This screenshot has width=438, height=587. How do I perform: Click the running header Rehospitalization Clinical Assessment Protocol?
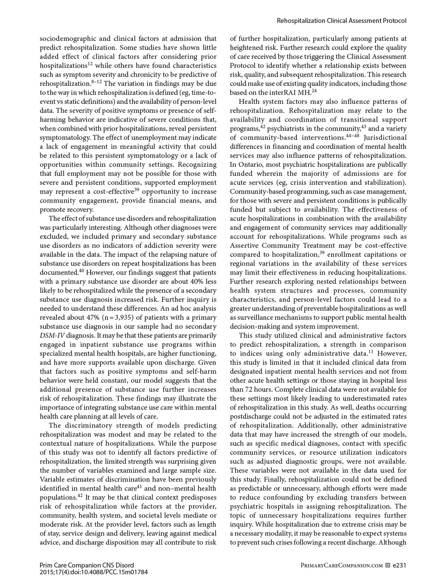tap(341, 21)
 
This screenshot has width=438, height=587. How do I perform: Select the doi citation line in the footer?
tap(94, 572)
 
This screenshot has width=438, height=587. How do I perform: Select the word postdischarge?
tap(250, 416)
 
